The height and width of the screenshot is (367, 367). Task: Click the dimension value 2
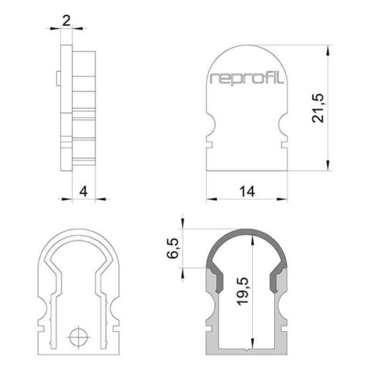click(66, 21)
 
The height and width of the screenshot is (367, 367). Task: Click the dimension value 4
click(84, 192)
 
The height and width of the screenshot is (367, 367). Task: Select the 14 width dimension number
click(247, 192)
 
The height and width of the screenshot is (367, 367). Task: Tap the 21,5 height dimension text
click(318, 108)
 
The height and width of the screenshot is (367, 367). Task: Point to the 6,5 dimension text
click(173, 248)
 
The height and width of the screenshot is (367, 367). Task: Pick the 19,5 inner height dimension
click(244, 291)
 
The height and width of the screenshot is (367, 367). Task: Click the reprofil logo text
click(246, 78)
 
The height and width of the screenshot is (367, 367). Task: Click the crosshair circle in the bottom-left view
click(78, 337)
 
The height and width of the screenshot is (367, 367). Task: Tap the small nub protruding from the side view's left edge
click(59, 78)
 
